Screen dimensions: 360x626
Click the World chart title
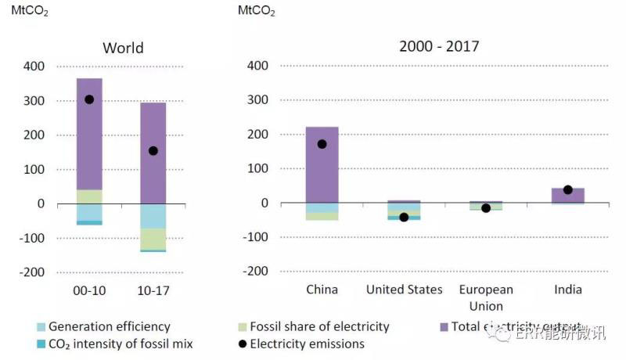(x=123, y=48)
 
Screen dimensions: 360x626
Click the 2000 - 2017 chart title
(x=439, y=46)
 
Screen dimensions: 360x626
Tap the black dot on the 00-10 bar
(x=89, y=99)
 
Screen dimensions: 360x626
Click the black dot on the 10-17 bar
(x=153, y=151)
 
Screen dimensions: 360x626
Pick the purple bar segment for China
(x=322, y=168)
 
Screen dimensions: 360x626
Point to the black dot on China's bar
(x=322, y=144)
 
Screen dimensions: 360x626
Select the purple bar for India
(x=568, y=195)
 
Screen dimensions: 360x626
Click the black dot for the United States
(x=404, y=217)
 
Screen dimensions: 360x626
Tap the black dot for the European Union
(x=486, y=208)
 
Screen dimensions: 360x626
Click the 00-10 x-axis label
(x=89, y=290)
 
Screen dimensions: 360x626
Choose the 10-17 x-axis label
(x=153, y=290)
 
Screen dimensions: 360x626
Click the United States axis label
(x=404, y=290)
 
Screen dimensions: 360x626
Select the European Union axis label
(x=486, y=297)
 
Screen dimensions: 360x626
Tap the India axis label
(x=568, y=290)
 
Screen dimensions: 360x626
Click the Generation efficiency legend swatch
(x=40, y=326)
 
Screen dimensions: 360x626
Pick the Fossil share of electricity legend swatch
(x=243, y=326)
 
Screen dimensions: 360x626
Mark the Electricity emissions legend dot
(x=243, y=344)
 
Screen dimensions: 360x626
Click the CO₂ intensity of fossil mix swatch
(x=40, y=344)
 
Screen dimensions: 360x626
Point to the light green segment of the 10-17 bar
(x=153, y=239)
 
